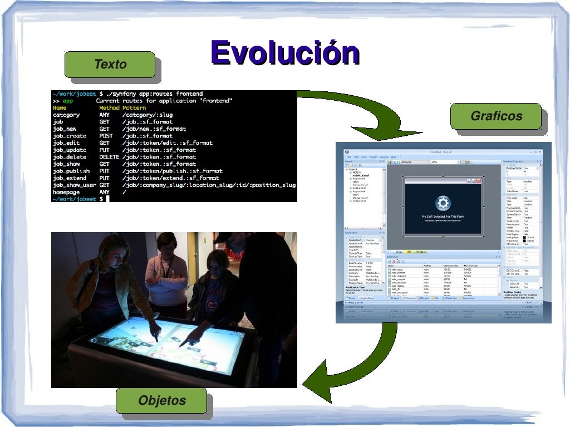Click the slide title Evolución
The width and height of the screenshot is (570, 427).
click(x=284, y=53)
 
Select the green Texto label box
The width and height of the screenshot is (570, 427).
click(x=110, y=64)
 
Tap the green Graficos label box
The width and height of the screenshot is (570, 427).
click(x=496, y=116)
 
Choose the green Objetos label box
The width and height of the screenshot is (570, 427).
click(x=161, y=400)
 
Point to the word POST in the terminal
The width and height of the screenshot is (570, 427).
click(x=106, y=136)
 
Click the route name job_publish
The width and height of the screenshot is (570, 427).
click(x=71, y=171)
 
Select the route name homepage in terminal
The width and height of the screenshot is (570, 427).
click(x=67, y=192)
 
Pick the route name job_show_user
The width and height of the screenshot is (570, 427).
click(x=75, y=185)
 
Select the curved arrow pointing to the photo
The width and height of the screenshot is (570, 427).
click(x=356, y=362)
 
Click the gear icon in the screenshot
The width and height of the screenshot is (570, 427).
click(x=443, y=203)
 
